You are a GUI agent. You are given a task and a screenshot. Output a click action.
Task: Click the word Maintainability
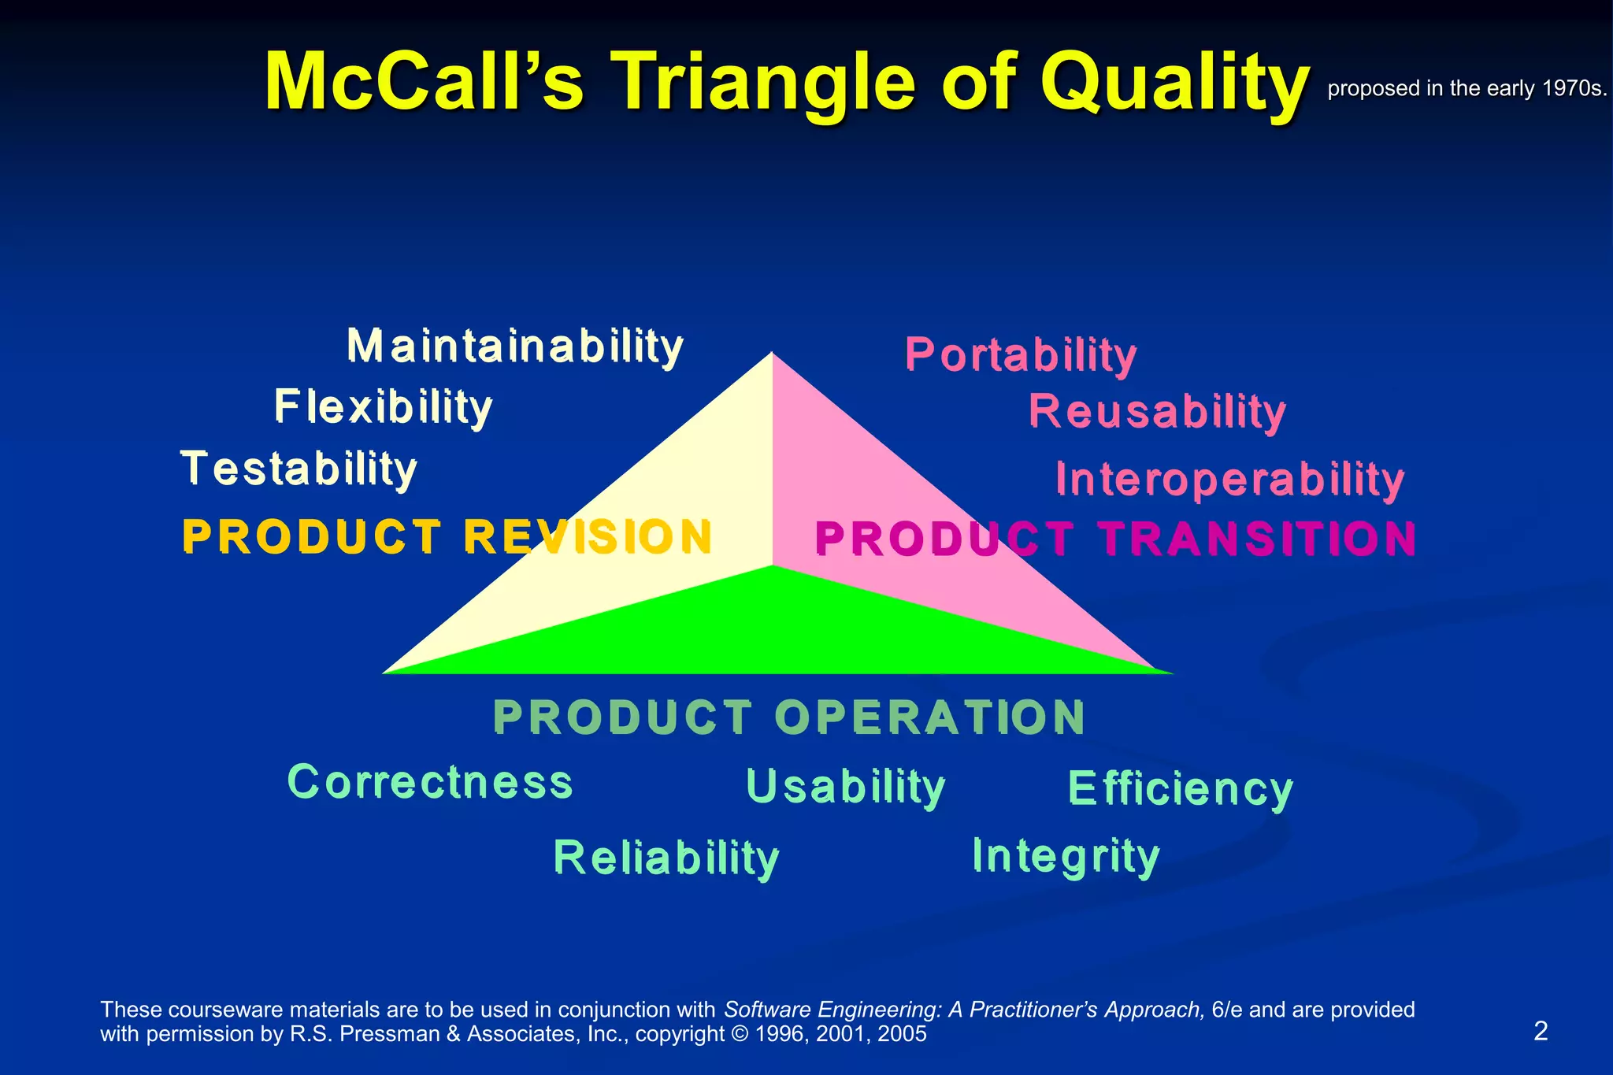click(515, 347)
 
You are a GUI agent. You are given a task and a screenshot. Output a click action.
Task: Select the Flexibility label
click(383, 407)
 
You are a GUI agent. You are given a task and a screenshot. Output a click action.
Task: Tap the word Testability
click(299, 469)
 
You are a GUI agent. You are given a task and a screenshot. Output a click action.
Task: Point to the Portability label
click(1021, 355)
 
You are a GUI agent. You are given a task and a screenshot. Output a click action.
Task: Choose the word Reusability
click(1157, 412)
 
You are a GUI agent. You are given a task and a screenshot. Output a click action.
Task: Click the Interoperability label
click(1229, 480)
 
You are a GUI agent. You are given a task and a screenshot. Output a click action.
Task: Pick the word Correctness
click(430, 782)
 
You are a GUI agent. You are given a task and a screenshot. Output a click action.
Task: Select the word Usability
click(845, 787)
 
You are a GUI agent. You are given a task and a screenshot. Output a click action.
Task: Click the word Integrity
click(1066, 856)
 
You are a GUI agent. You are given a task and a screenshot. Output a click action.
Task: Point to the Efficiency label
click(1180, 788)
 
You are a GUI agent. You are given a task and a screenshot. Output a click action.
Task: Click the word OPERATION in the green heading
click(929, 717)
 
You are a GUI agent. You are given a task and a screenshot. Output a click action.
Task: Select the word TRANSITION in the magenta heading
click(1258, 539)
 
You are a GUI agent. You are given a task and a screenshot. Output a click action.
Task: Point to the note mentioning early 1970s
click(1466, 88)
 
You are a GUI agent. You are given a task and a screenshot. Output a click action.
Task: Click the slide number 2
click(1541, 1031)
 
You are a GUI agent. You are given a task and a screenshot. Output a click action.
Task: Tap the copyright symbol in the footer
click(740, 1034)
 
